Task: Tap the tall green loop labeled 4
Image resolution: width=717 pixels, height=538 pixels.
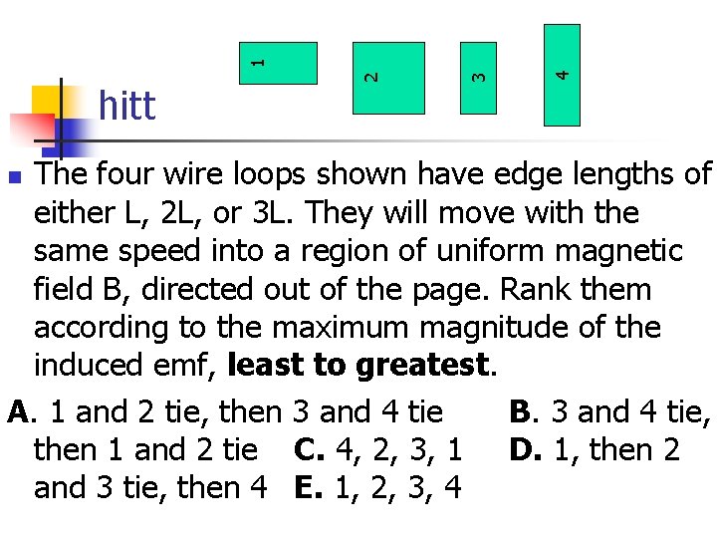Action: tap(563, 75)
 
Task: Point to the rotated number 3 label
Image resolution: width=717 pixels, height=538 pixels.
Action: tap(478, 74)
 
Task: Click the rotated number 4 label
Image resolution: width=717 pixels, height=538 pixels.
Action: tap(563, 73)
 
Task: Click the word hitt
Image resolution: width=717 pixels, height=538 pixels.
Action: tap(127, 105)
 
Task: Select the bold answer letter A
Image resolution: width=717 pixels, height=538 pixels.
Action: tap(16, 411)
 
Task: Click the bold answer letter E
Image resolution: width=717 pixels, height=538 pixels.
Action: tap(304, 488)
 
